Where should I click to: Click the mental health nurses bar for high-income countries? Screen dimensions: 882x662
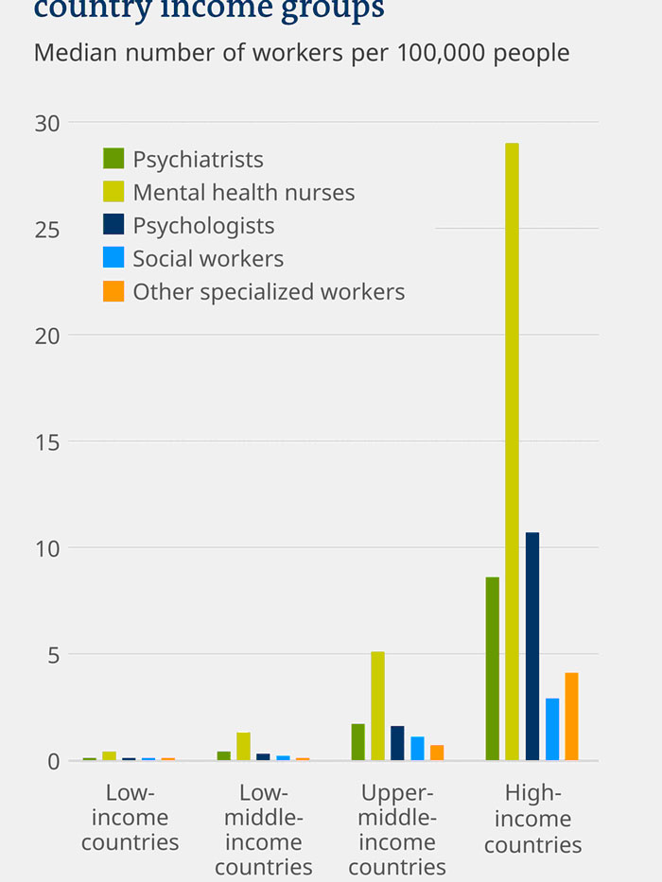[x=512, y=451]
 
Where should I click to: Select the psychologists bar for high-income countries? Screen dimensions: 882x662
[x=532, y=646]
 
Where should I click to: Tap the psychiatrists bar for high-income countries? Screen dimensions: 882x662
[x=492, y=668]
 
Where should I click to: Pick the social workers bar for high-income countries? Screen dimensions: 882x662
[x=552, y=729]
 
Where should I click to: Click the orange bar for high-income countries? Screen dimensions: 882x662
[x=571, y=716]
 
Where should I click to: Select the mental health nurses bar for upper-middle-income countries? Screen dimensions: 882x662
[x=377, y=705]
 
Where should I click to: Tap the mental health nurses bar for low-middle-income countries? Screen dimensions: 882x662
[x=243, y=746]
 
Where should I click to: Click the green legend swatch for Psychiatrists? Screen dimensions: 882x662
[x=113, y=159]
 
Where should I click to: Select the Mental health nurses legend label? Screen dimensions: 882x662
[x=243, y=192]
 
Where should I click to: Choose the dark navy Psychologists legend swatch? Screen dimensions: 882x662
[x=113, y=225]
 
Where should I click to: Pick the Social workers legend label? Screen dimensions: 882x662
[x=208, y=258]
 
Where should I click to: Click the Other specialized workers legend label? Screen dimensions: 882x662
[x=269, y=291]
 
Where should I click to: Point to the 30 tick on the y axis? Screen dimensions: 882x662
[x=47, y=123]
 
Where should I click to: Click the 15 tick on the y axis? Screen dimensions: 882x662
[x=47, y=441]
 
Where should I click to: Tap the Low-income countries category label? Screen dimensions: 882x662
[x=131, y=817]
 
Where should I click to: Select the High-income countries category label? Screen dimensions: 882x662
[x=532, y=819]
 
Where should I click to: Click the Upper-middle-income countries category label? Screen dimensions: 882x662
[x=397, y=829]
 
